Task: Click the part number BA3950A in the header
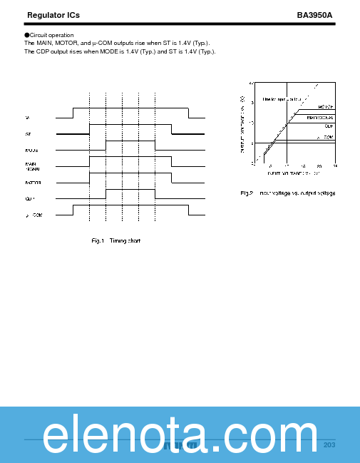(314, 14)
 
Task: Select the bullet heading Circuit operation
(50, 35)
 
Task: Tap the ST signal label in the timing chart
(28, 133)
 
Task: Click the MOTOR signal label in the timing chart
(33, 183)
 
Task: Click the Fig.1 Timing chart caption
(116, 240)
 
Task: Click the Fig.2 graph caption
(287, 193)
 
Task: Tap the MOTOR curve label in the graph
(325, 106)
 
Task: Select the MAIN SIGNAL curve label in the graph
(320, 117)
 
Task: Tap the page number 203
(329, 445)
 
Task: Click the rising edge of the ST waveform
(90, 128)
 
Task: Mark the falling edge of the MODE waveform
(155, 146)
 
